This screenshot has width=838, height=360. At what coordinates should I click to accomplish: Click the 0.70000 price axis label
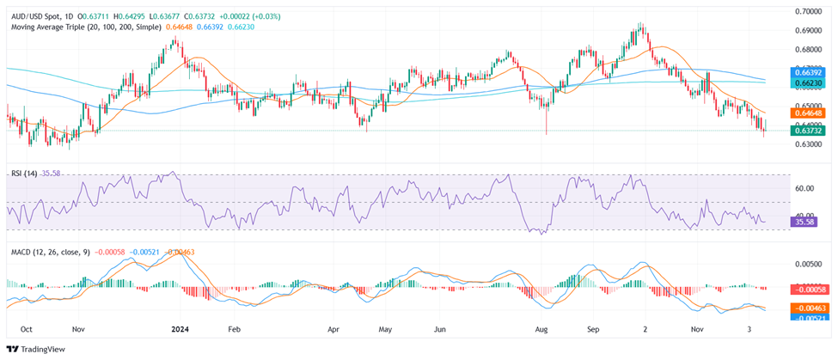click(809, 11)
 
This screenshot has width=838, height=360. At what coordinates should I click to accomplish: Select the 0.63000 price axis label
click(809, 144)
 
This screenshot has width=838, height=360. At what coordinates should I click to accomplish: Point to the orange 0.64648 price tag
click(809, 113)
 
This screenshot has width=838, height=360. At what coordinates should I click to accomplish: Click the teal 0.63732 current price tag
click(809, 130)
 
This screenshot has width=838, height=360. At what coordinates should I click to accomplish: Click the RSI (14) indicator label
click(25, 174)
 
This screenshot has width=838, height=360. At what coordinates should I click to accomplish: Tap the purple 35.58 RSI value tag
click(804, 222)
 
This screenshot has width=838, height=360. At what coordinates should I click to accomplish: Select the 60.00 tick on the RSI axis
click(804, 187)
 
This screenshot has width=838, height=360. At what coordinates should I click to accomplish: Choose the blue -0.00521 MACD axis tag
click(809, 317)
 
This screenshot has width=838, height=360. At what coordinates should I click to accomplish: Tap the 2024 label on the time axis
click(180, 329)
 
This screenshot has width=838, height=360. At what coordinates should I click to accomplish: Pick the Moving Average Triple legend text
click(86, 27)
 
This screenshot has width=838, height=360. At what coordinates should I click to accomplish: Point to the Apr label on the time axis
click(335, 329)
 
